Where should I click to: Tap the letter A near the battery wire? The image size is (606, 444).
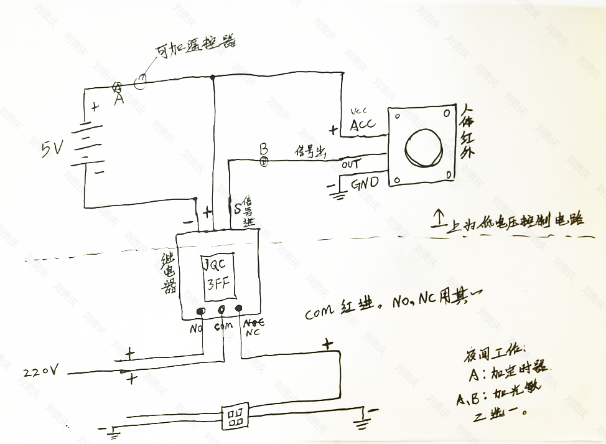click(119, 98)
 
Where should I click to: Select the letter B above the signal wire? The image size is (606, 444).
click(263, 149)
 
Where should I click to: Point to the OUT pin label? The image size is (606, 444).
click(351, 165)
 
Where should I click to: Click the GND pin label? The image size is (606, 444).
click(363, 185)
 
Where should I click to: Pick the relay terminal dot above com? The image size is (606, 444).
click(220, 309)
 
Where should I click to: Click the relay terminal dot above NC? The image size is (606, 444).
click(238, 309)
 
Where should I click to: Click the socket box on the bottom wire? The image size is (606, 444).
click(236, 415)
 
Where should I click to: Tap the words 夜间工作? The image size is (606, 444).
click(495, 354)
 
